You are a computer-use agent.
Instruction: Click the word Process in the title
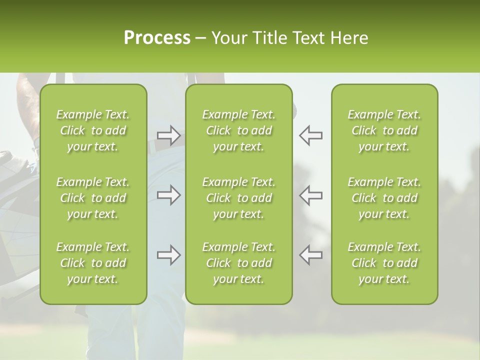click(157, 38)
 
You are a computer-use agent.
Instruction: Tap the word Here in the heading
click(349, 38)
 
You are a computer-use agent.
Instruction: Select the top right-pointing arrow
click(168, 135)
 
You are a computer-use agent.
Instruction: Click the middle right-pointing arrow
click(168, 195)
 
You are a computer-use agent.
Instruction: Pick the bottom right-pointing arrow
click(168, 255)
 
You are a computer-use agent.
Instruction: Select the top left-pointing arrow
click(310, 135)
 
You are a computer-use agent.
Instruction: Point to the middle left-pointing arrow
click(310, 195)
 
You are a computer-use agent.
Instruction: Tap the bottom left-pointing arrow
click(310, 255)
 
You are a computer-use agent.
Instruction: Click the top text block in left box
click(93, 130)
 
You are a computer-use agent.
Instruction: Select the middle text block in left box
click(93, 198)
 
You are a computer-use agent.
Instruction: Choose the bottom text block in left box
click(93, 263)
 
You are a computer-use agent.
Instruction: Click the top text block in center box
click(238, 130)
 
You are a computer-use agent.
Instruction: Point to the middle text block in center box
click(238, 198)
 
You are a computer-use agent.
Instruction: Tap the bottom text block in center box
click(238, 263)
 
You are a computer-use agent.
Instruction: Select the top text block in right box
click(384, 130)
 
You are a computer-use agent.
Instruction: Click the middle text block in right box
click(384, 198)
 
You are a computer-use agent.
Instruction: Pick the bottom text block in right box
click(384, 263)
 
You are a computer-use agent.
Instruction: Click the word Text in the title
click(307, 38)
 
